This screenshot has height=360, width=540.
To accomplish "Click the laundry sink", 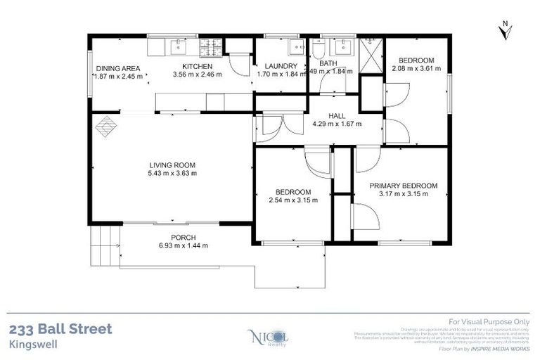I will pyautogui.click(x=295, y=48).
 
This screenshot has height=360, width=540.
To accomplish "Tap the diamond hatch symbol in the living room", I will pyautogui.click(x=105, y=127).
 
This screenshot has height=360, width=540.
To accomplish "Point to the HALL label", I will pyautogui.click(x=336, y=116).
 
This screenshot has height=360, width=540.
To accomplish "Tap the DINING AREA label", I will pyautogui.click(x=118, y=68).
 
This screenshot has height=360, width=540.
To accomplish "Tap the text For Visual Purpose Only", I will pyautogui.click(x=488, y=321).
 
